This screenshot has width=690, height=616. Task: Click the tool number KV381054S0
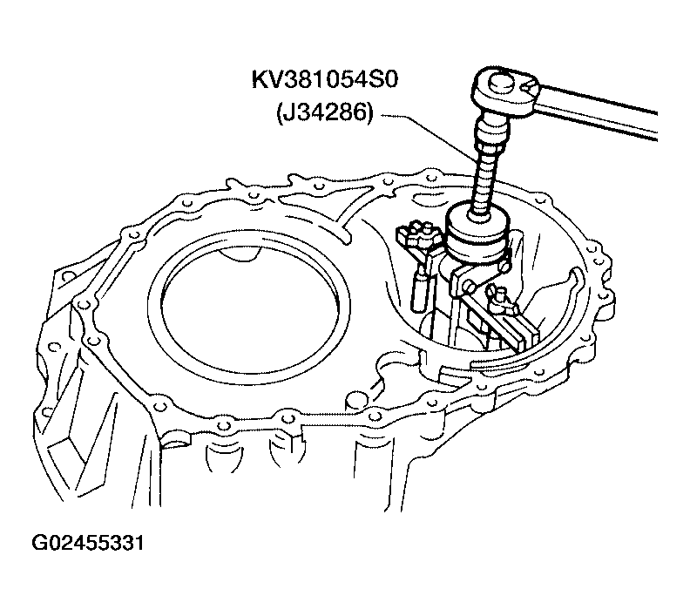tap(324, 80)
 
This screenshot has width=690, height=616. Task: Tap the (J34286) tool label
tap(325, 112)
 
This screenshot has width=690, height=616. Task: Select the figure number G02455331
tap(88, 543)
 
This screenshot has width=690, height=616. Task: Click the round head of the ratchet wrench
tap(506, 91)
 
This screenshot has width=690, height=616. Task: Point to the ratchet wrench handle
tap(599, 110)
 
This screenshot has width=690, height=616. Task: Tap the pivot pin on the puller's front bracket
tap(469, 287)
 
